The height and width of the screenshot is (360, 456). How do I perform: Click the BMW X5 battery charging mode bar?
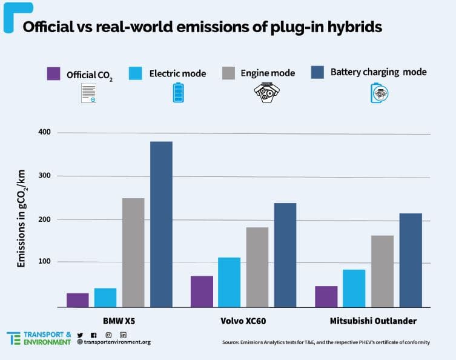[x=161, y=224]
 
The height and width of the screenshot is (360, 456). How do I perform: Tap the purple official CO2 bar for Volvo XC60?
[x=202, y=292]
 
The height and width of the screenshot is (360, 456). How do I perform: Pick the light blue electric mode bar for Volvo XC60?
[x=229, y=282]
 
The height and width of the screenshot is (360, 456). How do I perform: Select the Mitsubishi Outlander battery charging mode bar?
[x=411, y=260]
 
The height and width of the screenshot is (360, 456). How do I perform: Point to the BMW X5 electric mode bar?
[x=105, y=298]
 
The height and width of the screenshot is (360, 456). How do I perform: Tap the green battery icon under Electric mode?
[x=178, y=93]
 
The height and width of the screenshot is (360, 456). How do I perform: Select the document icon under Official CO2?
[x=88, y=93]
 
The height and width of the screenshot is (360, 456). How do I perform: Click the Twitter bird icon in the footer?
[x=80, y=335]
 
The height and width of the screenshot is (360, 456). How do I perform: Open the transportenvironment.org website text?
[x=117, y=342]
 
